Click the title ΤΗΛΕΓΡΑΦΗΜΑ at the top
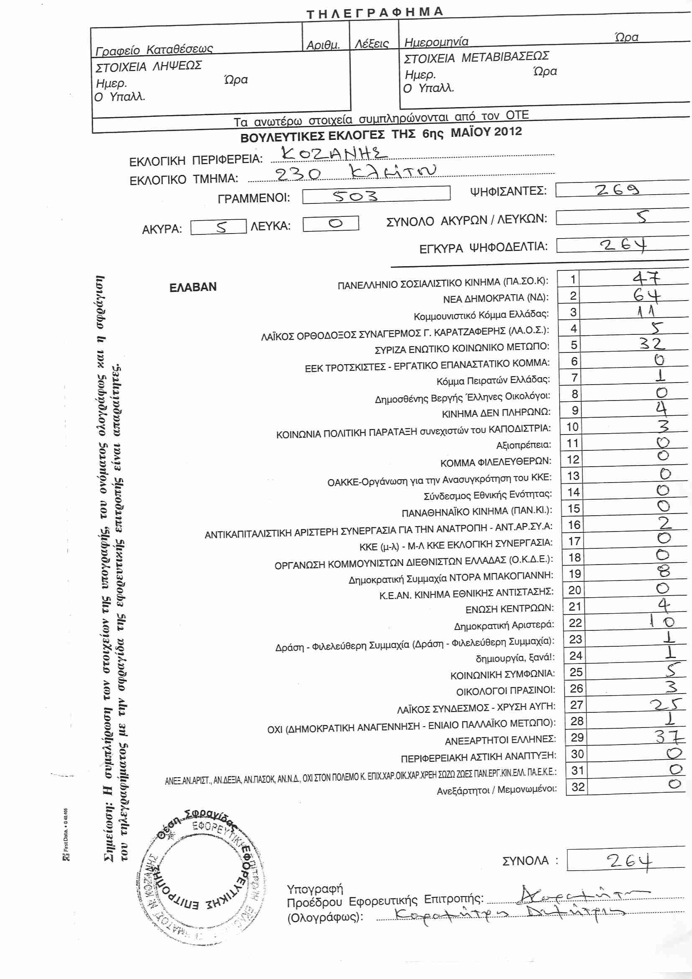tap(374, 13)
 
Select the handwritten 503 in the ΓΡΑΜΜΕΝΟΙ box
tap(355, 196)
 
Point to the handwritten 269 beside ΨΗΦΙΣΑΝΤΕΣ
tap(617, 189)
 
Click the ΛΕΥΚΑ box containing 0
tap(331, 224)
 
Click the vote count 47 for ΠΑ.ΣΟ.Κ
tap(646, 278)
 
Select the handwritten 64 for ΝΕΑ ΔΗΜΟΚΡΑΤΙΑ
tap(647, 295)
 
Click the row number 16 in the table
tap(574, 525)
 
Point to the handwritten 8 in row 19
tap(664, 571)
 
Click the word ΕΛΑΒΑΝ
tap(192, 287)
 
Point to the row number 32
tap(578, 787)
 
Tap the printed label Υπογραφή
tap(315, 889)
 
